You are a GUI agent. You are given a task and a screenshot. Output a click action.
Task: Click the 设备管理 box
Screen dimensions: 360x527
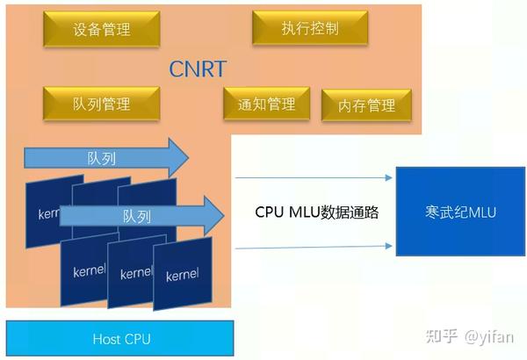101,30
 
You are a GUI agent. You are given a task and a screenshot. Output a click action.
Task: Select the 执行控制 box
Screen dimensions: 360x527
308,29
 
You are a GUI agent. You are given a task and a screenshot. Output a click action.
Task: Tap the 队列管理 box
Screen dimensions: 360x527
101,103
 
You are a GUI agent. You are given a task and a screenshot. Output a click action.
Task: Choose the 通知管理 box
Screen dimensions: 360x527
266,104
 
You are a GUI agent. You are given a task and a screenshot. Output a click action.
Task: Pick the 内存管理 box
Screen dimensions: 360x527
366,105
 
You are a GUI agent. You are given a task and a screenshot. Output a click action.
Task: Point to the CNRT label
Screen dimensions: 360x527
198,68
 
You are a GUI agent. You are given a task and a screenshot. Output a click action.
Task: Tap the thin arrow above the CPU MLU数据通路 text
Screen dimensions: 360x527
314,178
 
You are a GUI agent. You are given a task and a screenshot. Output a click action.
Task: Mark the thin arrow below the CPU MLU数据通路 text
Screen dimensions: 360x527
314,248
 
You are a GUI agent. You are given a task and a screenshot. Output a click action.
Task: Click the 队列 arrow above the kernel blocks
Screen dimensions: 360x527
105,158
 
